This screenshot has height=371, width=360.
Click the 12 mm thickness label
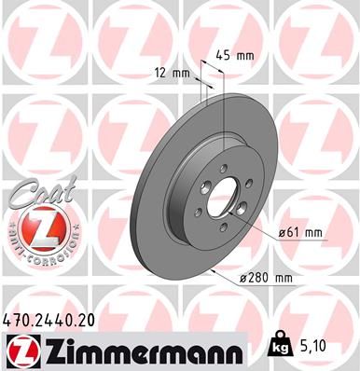(173, 73)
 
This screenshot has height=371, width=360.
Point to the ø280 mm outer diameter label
(273, 279)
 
